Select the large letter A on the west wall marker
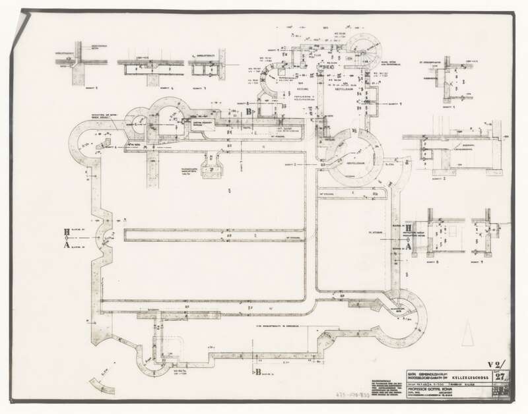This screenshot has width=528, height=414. [x=66, y=243]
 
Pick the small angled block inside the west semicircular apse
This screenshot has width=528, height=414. [x=103, y=144]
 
